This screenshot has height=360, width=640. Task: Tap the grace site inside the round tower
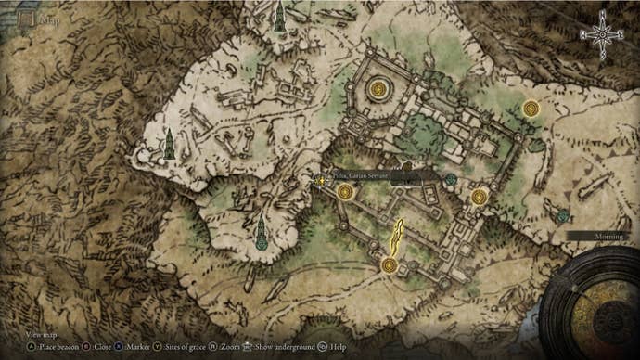(378, 89)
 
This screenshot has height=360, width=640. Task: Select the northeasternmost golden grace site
(531, 109)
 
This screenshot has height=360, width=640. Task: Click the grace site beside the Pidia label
(345, 192)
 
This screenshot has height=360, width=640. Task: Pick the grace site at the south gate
(389, 266)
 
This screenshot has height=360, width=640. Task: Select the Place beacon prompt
(58, 346)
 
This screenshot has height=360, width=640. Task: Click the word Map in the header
(44, 19)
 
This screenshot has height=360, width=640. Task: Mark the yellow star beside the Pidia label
(322, 179)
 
